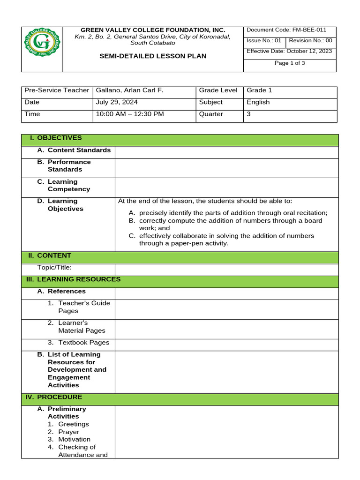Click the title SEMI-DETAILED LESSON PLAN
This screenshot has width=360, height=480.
click(153, 56)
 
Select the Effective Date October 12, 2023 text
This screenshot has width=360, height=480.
click(289, 51)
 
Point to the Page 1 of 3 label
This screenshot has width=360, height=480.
click(290, 63)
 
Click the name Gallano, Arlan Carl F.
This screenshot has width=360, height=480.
click(130, 90)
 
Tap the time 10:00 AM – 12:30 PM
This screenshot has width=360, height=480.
click(130, 114)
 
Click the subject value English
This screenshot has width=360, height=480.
click(258, 102)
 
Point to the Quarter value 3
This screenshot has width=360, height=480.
click(249, 114)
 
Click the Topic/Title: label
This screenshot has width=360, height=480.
click(54, 268)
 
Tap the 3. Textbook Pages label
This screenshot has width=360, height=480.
click(78, 343)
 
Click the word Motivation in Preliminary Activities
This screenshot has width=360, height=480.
click(74, 439)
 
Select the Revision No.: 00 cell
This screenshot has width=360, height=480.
click(310, 41)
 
